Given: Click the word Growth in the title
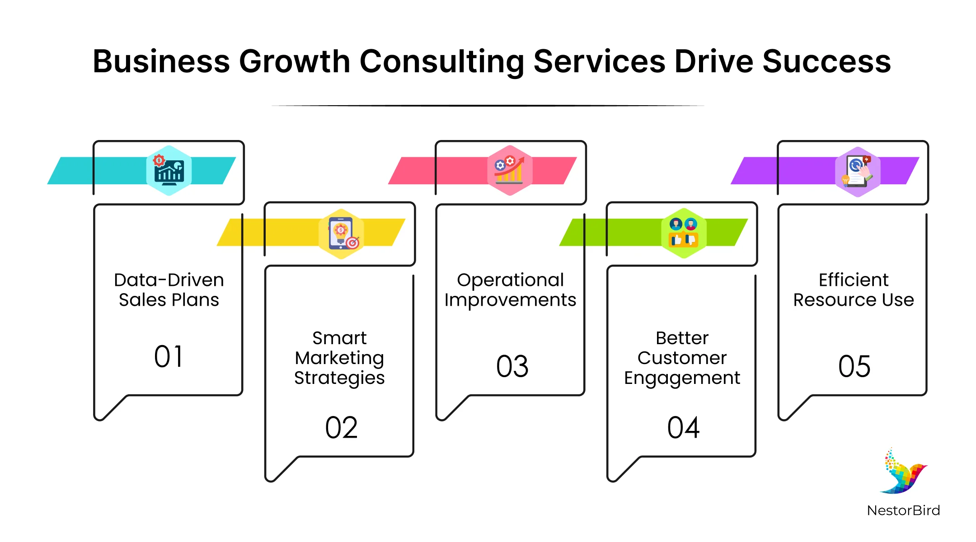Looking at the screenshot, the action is [x=294, y=62].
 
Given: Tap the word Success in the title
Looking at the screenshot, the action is [x=827, y=61].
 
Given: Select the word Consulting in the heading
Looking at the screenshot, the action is [x=442, y=62].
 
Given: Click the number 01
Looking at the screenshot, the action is [x=169, y=356].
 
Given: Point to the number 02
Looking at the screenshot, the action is [x=341, y=428].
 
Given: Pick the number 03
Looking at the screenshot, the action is [x=512, y=366].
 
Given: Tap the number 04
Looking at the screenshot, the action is [x=683, y=428].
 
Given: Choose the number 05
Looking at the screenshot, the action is [x=854, y=366].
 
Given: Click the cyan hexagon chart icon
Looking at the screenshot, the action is [x=169, y=170].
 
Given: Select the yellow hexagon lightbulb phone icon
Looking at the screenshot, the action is [x=341, y=234].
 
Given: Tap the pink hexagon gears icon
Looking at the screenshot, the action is [x=510, y=170].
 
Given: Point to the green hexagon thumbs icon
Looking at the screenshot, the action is [x=684, y=233].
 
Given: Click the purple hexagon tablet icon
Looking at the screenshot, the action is [x=858, y=172].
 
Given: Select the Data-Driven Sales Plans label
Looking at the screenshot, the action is [x=169, y=290].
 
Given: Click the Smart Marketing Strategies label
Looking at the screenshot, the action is [x=339, y=358].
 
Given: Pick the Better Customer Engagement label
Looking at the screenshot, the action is [x=682, y=358].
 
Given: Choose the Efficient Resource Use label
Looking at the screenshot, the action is [x=854, y=290].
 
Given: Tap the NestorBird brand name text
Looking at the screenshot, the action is [x=904, y=510].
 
